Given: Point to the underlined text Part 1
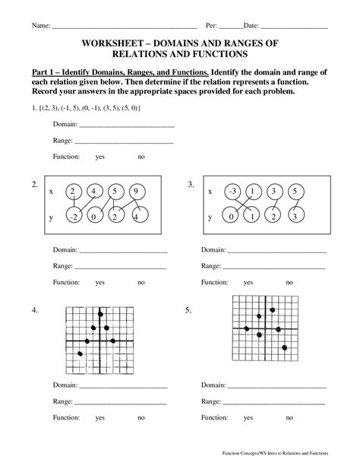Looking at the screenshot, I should click(45, 71).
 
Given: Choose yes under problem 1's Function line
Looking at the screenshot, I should click(99, 157).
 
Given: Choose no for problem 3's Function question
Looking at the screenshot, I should click(289, 281).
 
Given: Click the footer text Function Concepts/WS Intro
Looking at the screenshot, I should click(270, 456).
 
